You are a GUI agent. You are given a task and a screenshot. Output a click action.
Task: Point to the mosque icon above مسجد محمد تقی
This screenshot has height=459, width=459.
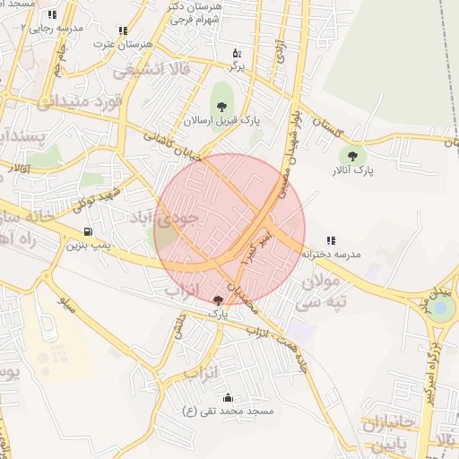[x=227, y=397]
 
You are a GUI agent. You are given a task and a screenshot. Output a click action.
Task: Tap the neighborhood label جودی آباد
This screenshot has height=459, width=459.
[x=187, y=217]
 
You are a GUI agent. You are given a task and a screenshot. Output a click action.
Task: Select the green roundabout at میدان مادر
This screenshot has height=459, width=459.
[x=439, y=309]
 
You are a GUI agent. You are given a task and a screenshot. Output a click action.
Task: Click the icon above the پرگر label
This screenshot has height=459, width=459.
[x=237, y=53]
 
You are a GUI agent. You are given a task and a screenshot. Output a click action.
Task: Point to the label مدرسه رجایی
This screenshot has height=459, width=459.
[x=56, y=28]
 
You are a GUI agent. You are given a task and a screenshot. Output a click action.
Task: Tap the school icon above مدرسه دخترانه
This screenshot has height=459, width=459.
[x=331, y=240]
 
